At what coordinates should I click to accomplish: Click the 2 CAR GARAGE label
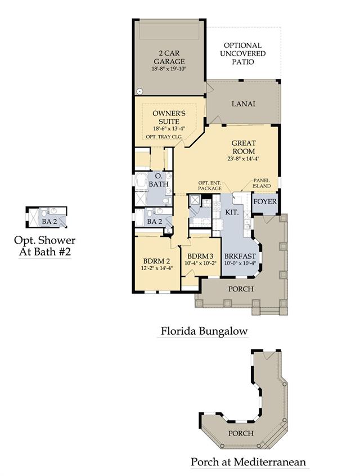169,57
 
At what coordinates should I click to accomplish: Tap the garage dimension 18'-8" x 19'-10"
169,69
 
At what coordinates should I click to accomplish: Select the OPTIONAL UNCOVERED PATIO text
242,53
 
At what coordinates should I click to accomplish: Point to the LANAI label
243,104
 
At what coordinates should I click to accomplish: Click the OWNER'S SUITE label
169,117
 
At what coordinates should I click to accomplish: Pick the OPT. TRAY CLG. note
164,137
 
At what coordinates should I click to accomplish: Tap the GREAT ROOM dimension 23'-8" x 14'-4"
243,159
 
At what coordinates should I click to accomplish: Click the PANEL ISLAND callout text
262,183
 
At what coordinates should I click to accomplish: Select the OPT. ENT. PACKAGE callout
210,186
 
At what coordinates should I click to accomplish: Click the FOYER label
265,201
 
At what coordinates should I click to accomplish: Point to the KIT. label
232,212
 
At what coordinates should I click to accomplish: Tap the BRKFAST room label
240,256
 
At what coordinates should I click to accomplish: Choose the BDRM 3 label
200,256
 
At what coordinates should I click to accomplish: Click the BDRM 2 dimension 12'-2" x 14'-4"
156,268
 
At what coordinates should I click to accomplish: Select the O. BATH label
159,180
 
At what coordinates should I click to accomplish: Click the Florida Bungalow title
204,331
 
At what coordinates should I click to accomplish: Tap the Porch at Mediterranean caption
248,462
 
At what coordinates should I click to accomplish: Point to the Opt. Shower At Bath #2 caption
44,246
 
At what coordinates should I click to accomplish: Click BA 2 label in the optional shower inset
49,222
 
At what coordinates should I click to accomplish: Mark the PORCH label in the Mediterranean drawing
241,433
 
